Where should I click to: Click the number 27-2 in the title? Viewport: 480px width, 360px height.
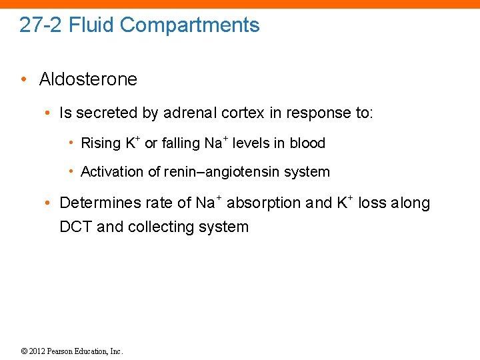(x=41, y=25)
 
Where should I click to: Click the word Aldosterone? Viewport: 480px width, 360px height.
(x=88, y=79)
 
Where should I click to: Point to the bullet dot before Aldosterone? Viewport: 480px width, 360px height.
(x=23, y=79)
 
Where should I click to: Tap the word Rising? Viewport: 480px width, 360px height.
(x=101, y=143)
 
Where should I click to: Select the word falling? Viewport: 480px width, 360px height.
(x=180, y=143)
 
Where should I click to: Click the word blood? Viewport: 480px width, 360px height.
(x=307, y=143)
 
